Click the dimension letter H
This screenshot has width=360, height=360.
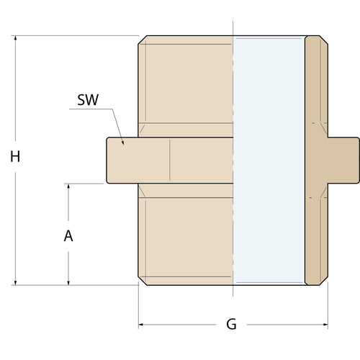(14, 157)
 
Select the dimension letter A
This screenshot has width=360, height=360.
(68, 235)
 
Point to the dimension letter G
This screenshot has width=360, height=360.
(231, 325)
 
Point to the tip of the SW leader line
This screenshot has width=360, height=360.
(123, 144)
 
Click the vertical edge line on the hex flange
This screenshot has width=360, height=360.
(170, 160)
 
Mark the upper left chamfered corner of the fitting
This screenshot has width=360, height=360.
(143, 40)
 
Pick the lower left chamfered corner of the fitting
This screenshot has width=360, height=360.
(143, 281)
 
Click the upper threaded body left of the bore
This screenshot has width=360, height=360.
(187, 83)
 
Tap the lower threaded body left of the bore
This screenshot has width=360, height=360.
(187, 238)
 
